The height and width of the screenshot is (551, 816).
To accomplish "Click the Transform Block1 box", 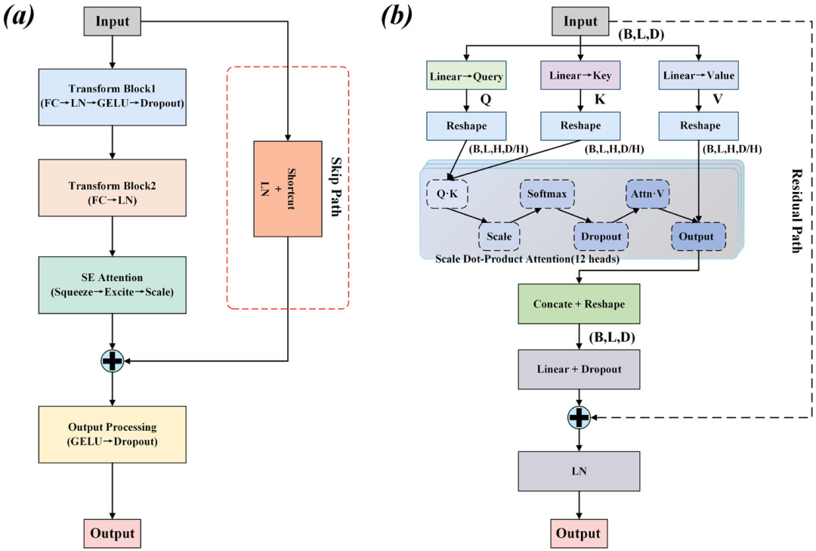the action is [113, 97].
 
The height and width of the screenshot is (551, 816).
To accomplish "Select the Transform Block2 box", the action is [113, 188].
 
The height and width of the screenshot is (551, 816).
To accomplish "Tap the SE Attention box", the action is [113, 285].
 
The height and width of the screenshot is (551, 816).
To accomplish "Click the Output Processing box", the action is [113, 435].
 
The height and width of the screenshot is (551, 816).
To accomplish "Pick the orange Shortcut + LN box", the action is [288, 188].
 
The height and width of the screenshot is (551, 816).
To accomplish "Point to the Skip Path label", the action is [336, 187].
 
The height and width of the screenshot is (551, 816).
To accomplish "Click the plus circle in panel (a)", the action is [113, 361].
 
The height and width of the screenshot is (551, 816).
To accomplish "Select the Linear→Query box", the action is [466, 76].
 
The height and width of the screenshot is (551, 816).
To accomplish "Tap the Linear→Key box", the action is [580, 76].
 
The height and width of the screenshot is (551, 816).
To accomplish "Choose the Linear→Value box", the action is [698, 76].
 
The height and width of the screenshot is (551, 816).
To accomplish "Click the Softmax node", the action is [547, 194].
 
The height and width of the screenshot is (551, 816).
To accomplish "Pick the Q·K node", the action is [447, 194].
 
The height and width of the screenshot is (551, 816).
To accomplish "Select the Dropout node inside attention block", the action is [601, 237].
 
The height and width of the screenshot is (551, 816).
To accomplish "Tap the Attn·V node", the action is [648, 194].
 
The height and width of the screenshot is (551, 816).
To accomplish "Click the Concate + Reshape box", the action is [580, 304].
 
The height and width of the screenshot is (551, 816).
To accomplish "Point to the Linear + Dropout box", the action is [580, 370].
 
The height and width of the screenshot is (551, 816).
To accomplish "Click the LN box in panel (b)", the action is [580, 472].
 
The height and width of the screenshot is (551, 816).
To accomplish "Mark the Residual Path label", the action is [796, 210].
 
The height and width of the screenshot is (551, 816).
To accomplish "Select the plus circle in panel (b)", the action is [580, 417].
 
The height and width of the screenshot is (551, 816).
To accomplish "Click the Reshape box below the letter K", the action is [580, 125].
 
